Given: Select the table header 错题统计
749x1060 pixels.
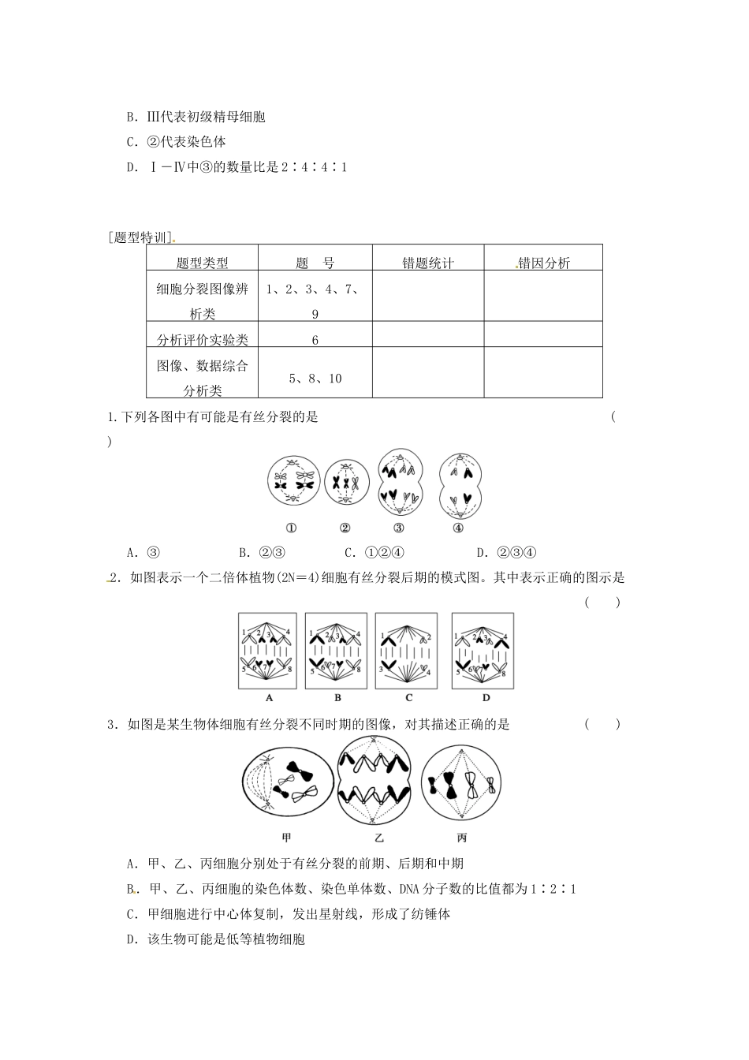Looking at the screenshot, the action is pos(428,263).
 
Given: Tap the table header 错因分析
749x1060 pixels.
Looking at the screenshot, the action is pos(544,263).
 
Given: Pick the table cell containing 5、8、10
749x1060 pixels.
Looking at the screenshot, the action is pos(315,379).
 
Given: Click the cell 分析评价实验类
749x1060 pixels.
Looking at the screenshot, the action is pos(203,340).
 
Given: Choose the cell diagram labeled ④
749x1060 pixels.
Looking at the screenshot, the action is pos(459,483).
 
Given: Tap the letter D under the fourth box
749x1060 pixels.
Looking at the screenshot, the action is pos(486,698).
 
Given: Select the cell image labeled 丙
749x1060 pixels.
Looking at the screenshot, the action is pos(460,784).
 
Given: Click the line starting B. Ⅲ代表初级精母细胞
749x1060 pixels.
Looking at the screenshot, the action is pos(196,117).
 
